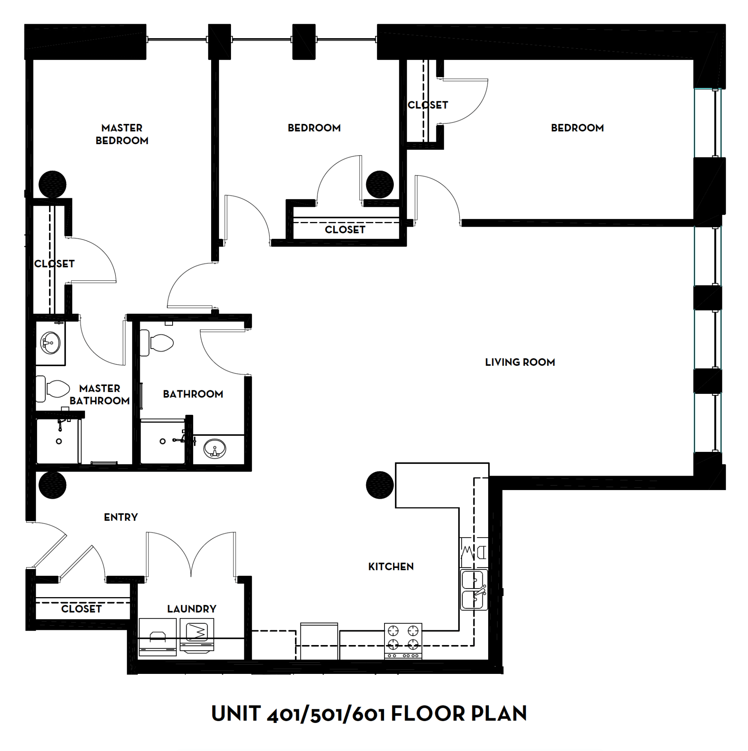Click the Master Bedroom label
[x=122, y=134]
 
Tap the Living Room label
[x=520, y=362]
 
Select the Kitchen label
[x=391, y=566]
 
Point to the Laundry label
[x=192, y=609]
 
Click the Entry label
[x=121, y=517]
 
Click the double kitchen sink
[x=474, y=590]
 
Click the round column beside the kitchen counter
[x=380, y=485]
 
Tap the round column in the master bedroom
[x=53, y=184]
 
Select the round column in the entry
[x=53, y=485]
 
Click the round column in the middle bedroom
[x=380, y=184]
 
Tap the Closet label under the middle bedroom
[x=345, y=230]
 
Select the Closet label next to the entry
[x=81, y=609]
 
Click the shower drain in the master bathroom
[x=59, y=441]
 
